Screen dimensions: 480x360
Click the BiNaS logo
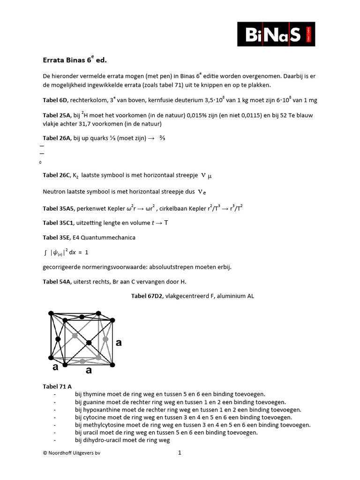(x=276, y=33)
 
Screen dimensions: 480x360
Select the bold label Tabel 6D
(x=55, y=100)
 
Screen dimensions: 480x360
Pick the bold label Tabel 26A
(x=56, y=138)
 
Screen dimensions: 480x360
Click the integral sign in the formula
(x=45, y=252)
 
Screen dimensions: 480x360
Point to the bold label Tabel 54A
(x=56, y=282)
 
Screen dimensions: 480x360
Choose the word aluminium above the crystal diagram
(x=227, y=296)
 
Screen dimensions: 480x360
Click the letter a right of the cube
(x=119, y=343)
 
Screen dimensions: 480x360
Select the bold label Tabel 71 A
(x=57, y=386)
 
